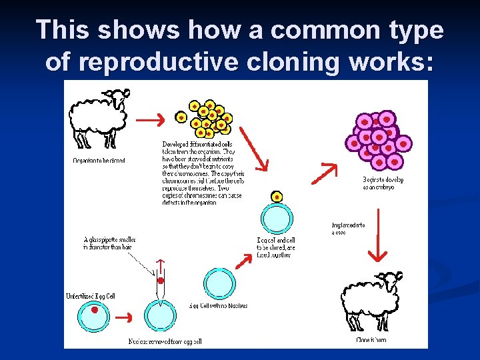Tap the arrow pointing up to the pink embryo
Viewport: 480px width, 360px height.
[x=325, y=173]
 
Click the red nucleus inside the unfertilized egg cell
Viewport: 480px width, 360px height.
[x=95, y=310]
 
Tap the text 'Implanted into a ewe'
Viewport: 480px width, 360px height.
[x=347, y=229]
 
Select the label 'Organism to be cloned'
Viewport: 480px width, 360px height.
[x=99, y=160]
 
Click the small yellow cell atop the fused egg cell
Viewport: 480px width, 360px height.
[x=277, y=197]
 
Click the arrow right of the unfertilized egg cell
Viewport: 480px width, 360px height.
[x=124, y=315]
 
